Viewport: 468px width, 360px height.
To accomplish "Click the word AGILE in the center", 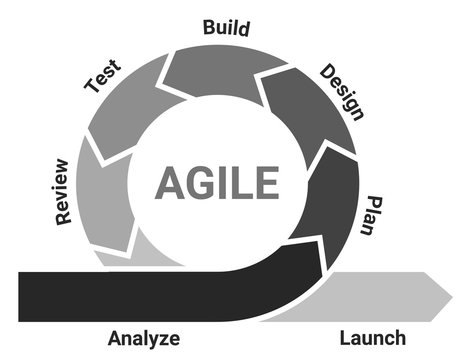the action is [x=216, y=183].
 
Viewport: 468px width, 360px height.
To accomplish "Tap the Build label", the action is [x=226, y=27].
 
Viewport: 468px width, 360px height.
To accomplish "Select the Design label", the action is [x=340, y=91].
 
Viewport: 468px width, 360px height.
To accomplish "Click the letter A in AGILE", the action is [x=170, y=183].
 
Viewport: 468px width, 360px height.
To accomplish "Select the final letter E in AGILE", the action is [x=264, y=183].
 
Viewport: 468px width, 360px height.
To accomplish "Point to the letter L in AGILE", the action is [x=243, y=183].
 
